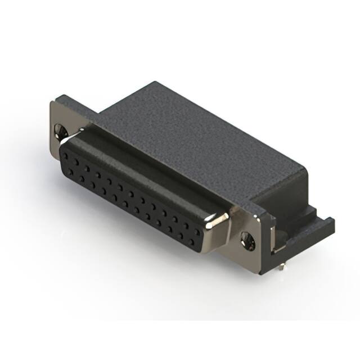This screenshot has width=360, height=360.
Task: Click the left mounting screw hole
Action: [x=61, y=132]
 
